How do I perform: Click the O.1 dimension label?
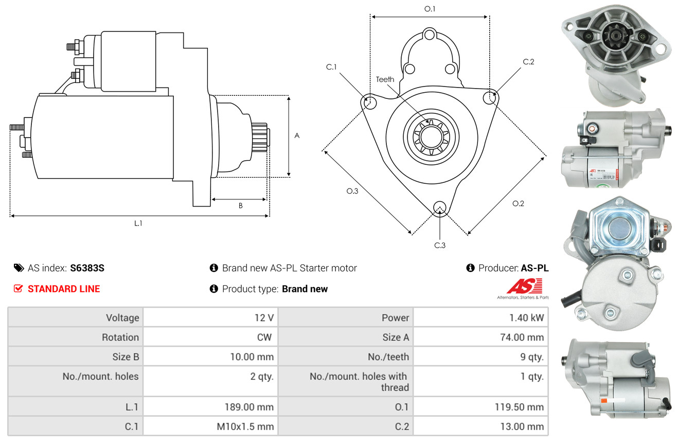430,9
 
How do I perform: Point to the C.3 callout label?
440,245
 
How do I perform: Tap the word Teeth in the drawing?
385,79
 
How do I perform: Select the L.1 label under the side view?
138,224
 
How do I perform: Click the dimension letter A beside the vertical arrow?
297,135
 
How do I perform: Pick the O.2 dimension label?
518,203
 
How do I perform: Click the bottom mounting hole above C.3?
440,208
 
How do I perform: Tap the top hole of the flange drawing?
429,35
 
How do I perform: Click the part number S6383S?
87,268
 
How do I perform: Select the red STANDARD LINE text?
64,288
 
